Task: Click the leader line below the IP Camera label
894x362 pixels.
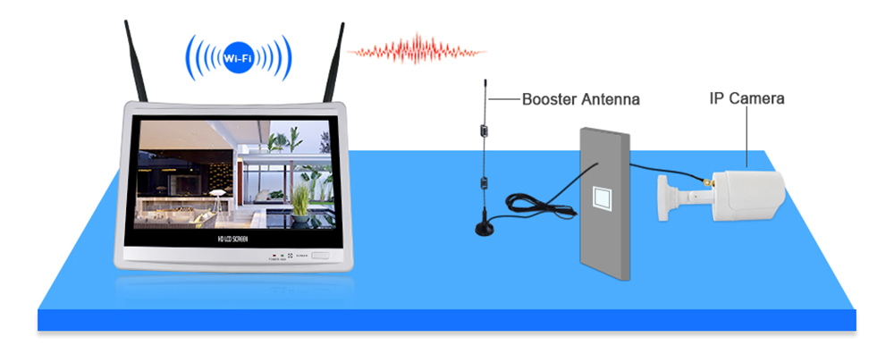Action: pyautogui.click(x=745, y=139)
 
